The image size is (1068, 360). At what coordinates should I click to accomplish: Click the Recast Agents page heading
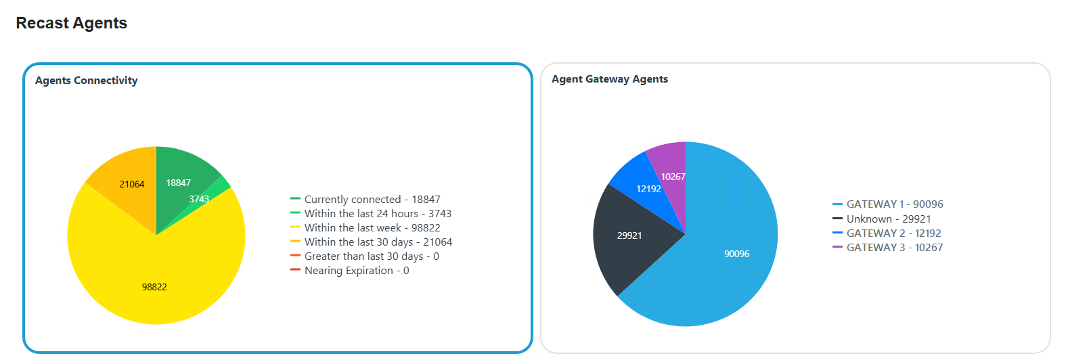pyautogui.click(x=71, y=23)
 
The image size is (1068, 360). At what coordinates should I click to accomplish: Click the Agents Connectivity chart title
pyautogui.click(x=86, y=81)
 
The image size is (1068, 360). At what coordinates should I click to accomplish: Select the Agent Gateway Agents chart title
pyautogui.click(x=609, y=79)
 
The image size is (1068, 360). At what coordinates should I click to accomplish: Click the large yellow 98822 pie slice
pyautogui.click(x=156, y=277)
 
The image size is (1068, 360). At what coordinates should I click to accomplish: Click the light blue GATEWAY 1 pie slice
pyautogui.click(x=731, y=244)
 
